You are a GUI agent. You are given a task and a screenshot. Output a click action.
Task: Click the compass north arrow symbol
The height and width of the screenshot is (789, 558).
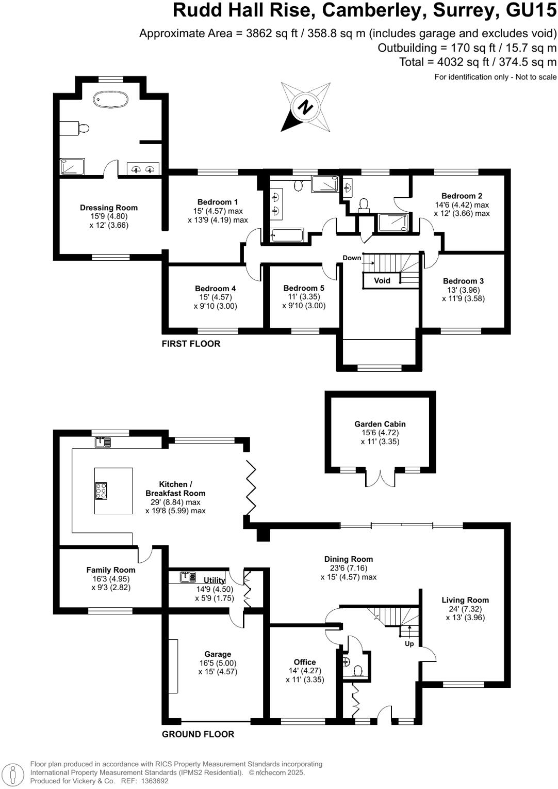click(305, 107)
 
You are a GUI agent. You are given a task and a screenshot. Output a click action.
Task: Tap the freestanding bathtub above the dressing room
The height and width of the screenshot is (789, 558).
click(110, 99)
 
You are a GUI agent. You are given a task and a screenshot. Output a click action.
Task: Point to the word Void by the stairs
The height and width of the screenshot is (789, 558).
click(382, 280)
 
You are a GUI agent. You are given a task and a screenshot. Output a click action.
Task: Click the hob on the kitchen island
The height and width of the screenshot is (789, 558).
click(101, 491)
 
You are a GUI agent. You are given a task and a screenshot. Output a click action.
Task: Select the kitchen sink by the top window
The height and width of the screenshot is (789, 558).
click(103, 443)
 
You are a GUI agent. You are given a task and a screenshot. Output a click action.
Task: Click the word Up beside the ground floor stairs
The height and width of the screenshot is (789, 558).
click(409, 643)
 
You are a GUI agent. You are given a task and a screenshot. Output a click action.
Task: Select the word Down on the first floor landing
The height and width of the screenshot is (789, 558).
click(352, 258)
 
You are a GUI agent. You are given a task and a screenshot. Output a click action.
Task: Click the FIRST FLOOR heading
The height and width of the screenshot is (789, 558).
click(191, 344)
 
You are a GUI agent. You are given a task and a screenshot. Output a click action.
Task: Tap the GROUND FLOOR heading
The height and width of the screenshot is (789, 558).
click(198, 734)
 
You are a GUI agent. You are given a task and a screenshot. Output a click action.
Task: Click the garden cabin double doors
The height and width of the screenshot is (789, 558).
click(380, 478)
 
